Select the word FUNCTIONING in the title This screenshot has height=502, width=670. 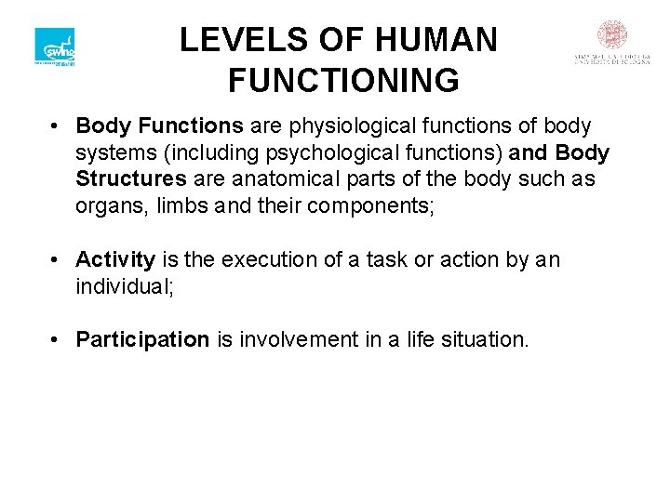point(343,81)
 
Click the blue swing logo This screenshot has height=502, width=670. point(54,46)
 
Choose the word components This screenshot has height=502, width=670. point(362,205)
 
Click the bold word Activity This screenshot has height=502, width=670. point(115,259)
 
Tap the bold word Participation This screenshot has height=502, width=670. point(142,339)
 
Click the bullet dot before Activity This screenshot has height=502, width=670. point(57,259)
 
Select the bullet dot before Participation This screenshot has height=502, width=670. point(57,339)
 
